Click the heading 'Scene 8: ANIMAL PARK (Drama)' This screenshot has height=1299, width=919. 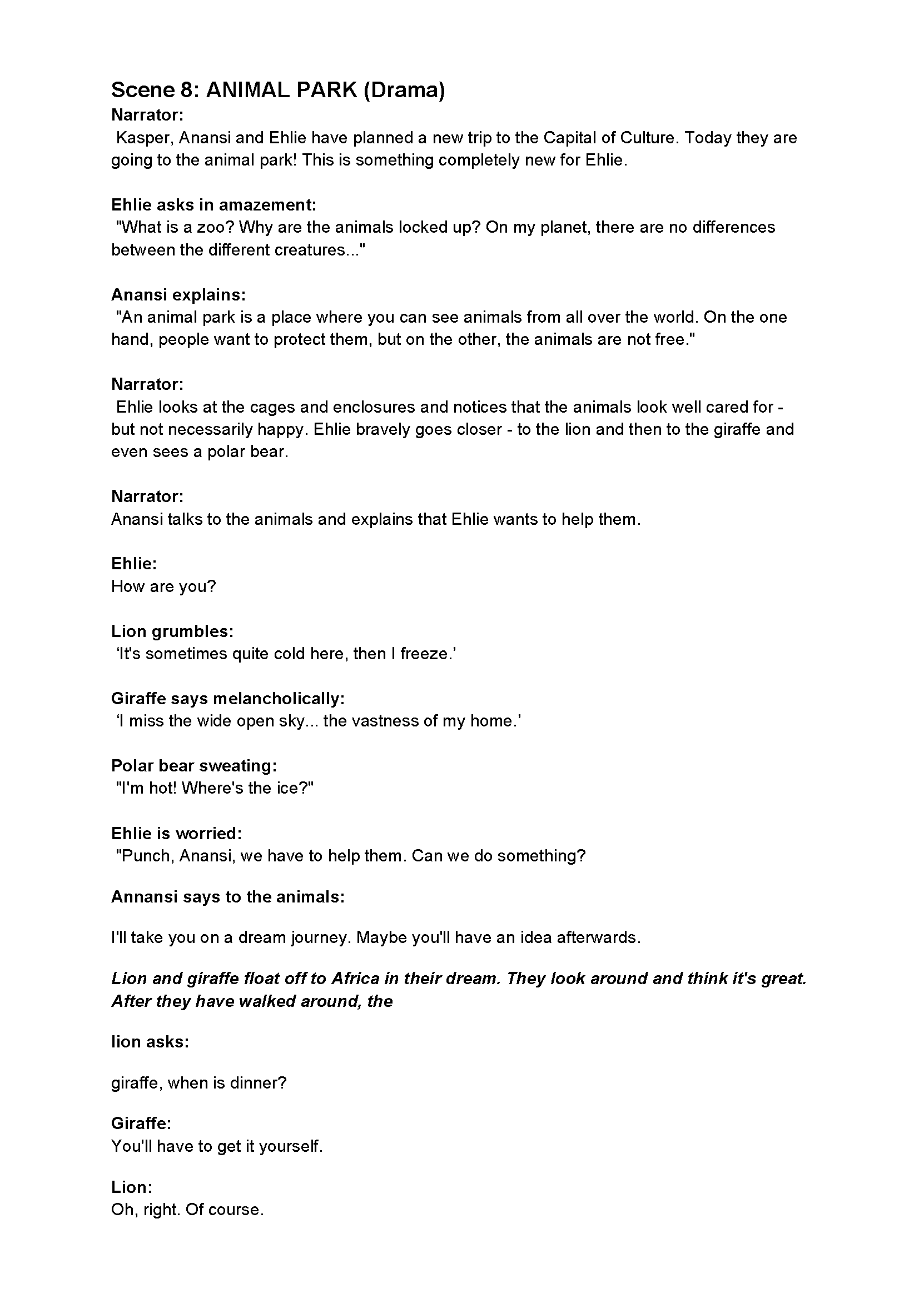click(277, 90)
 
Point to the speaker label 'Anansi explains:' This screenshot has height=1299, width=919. click(178, 295)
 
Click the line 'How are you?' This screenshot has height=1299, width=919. click(163, 586)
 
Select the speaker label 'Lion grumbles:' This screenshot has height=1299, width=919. click(172, 631)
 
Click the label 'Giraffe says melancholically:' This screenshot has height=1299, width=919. click(227, 698)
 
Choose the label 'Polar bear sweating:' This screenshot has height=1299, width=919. click(193, 765)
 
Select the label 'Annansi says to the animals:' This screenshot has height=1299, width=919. click(227, 897)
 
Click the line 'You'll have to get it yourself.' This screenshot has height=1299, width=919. click(217, 1146)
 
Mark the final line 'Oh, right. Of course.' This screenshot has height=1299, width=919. click(187, 1210)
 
